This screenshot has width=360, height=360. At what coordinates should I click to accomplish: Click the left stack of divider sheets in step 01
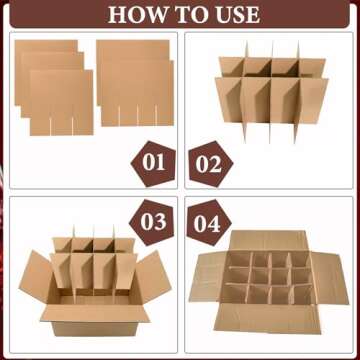point(55,85)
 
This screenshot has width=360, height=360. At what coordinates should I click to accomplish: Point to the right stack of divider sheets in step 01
point(132,85)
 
